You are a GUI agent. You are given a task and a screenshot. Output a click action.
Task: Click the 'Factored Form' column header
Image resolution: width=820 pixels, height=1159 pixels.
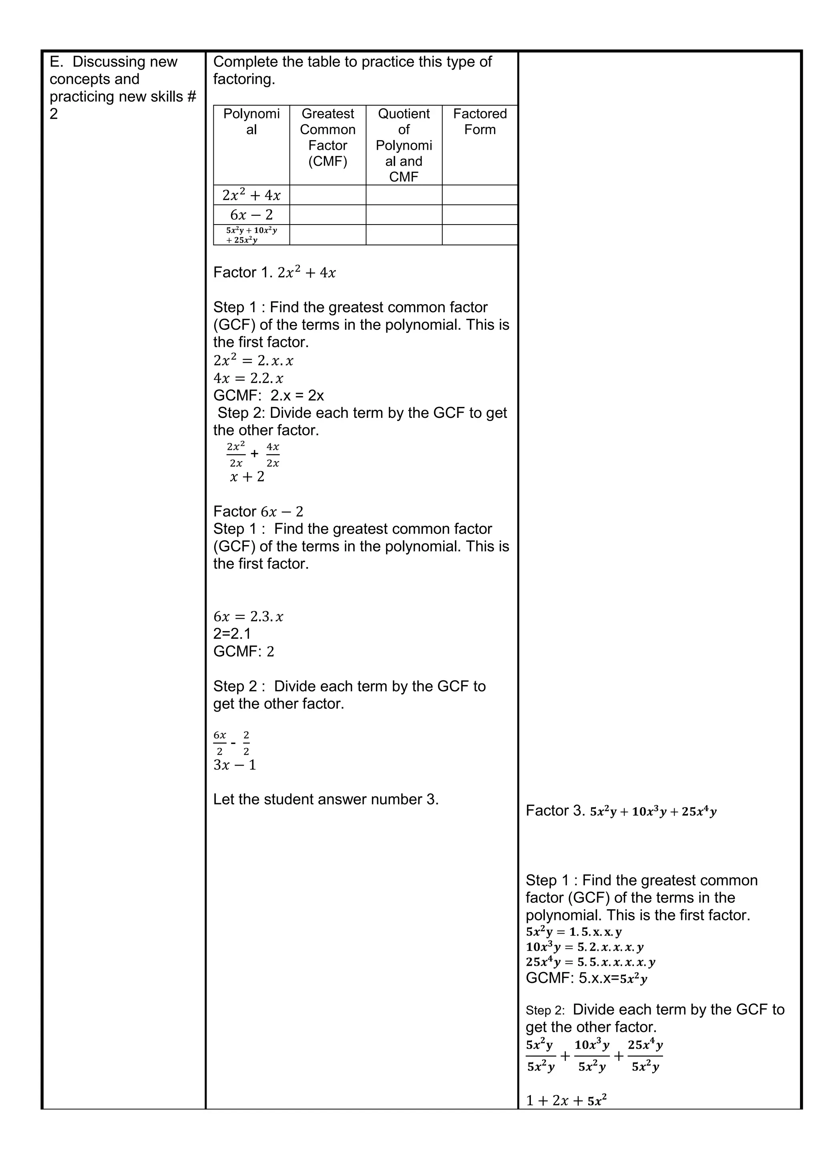(480, 122)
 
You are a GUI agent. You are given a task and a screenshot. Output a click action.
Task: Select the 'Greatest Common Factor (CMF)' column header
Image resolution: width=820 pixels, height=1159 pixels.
(328, 137)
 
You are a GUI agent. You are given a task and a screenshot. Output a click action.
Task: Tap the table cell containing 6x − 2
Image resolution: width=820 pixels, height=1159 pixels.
(251, 215)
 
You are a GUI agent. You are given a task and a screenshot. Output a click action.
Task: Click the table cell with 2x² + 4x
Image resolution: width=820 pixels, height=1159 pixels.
(251, 195)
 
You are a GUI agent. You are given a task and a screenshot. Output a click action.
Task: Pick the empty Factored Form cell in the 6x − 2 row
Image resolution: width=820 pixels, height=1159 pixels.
(480, 215)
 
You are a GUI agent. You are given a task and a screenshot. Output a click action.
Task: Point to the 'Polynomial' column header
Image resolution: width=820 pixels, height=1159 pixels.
(251, 122)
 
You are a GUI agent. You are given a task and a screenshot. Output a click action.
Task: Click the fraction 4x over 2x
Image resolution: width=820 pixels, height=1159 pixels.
(273, 454)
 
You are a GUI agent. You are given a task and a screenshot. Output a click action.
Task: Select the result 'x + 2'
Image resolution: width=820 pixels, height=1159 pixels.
(247, 477)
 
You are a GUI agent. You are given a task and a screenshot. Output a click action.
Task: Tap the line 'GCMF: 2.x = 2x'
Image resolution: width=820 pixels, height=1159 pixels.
(268, 395)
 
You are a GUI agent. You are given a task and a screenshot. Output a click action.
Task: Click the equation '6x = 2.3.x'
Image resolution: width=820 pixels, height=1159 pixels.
(248, 616)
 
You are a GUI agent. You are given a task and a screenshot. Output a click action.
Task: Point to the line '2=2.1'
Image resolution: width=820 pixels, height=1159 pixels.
(232, 634)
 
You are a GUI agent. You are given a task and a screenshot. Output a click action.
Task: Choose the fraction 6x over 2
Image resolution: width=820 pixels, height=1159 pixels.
(220, 742)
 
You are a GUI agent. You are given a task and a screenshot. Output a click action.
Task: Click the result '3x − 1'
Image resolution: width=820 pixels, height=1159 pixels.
(235, 765)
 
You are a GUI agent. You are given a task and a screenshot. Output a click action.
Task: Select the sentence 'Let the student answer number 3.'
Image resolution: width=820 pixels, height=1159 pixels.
(326, 799)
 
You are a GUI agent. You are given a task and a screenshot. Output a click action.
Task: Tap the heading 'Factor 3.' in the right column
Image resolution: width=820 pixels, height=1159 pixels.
(555, 811)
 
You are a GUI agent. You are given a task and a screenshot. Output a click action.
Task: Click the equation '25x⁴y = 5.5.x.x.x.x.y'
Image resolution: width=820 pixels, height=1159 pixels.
(590, 962)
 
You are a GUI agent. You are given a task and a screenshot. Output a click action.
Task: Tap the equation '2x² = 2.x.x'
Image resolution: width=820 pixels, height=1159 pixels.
(253, 361)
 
